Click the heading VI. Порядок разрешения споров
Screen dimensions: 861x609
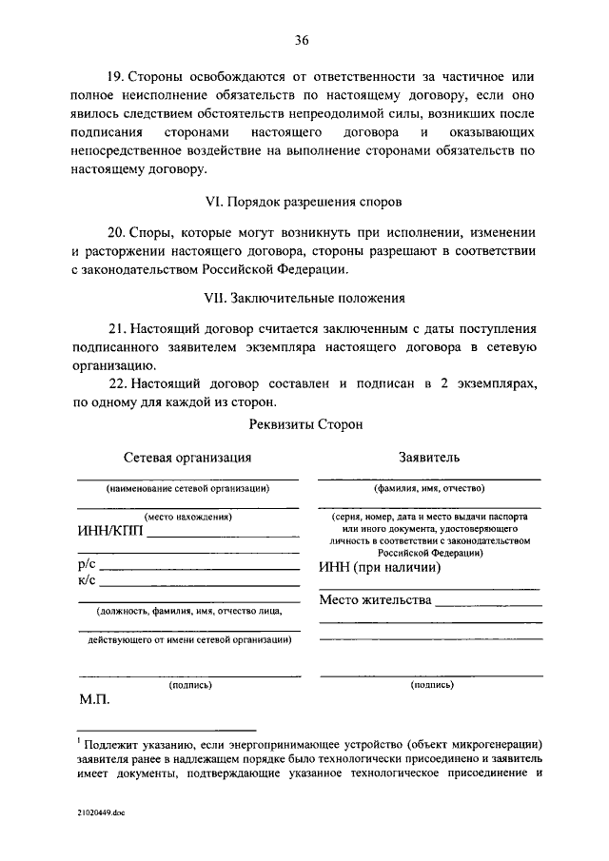click(x=304, y=202)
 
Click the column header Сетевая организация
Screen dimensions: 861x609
click(x=187, y=458)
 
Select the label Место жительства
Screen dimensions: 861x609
click(x=375, y=600)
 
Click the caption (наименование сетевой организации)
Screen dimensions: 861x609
click(x=187, y=488)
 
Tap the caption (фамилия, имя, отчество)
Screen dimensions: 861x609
click(x=429, y=488)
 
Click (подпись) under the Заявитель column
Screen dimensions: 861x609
click(x=430, y=684)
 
